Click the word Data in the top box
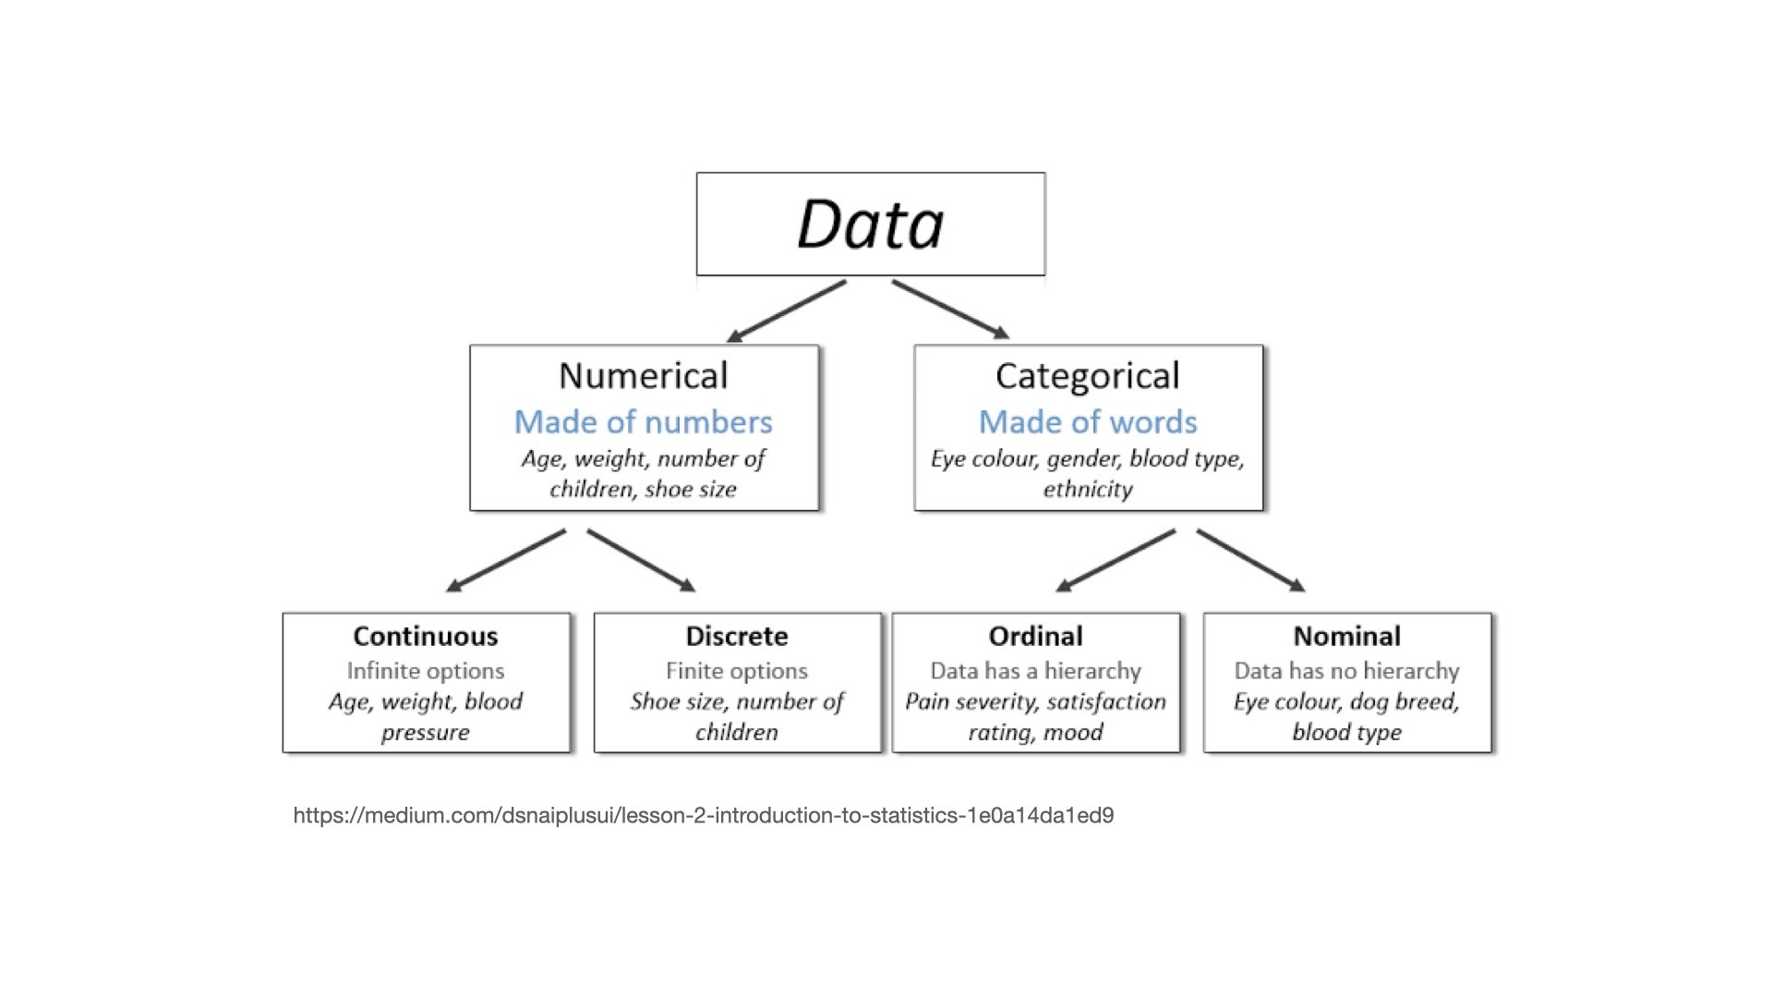click(x=870, y=225)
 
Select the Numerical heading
click(x=644, y=376)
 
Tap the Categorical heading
click(x=1087, y=376)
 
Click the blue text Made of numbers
click(x=643, y=422)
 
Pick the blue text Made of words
click(x=1087, y=422)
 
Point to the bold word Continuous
click(x=425, y=637)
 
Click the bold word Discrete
click(x=736, y=637)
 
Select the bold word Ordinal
click(x=1035, y=637)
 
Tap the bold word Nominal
click(x=1346, y=637)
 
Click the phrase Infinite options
click(x=425, y=671)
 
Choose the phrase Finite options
click(x=736, y=671)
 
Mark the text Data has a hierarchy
click(x=1035, y=671)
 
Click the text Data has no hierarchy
click(x=1346, y=671)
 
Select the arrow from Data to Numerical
click(x=786, y=311)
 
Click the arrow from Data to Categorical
click(x=950, y=310)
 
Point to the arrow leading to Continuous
click(x=505, y=561)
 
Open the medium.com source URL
click(x=703, y=816)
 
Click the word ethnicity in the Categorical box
click(x=1087, y=490)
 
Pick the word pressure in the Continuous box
click(x=425, y=733)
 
